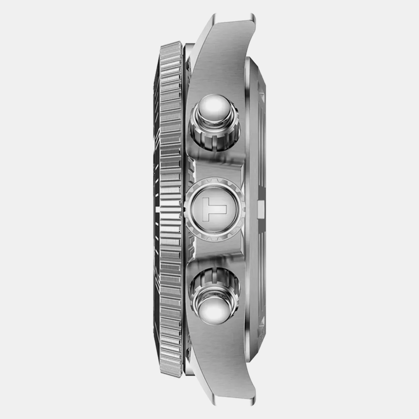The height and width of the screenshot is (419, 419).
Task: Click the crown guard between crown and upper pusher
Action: pos(218,165)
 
